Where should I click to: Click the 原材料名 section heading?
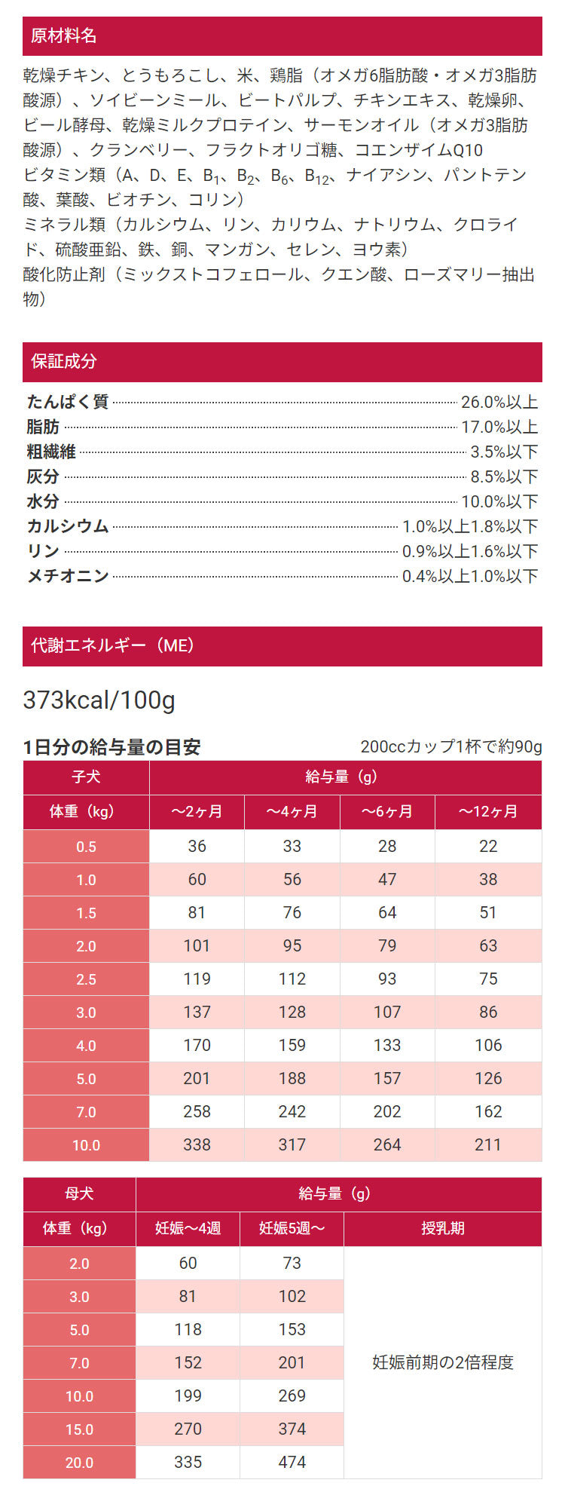(63, 36)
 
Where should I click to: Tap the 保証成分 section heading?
(63, 362)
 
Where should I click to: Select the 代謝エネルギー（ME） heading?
(112, 646)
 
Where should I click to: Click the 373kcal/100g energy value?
(99, 700)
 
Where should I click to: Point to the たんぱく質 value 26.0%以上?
(499, 403)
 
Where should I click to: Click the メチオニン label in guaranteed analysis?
(68, 576)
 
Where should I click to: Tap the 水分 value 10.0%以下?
(499, 502)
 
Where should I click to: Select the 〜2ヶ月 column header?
(197, 812)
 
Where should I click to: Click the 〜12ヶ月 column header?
(488, 812)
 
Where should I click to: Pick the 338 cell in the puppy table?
(197, 1144)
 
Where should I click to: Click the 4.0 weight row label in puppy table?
(86, 1046)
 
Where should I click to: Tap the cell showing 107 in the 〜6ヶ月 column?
(387, 1012)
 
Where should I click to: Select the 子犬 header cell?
(86, 777)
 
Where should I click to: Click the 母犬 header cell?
(79, 1194)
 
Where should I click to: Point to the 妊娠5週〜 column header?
(292, 1229)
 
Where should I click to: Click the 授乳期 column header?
(442, 1229)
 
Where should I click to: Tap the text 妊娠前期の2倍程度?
(443, 1362)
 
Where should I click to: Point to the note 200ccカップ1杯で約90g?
(450, 747)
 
